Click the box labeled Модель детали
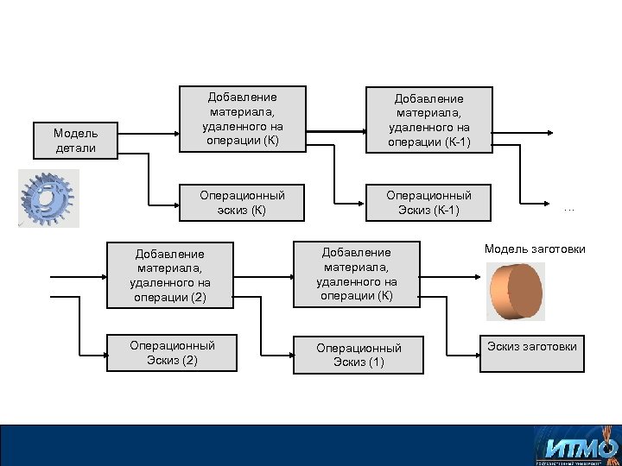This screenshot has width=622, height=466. tap(76, 141)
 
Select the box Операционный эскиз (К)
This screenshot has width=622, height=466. tap(242, 203)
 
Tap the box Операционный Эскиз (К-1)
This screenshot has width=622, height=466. tap(428, 203)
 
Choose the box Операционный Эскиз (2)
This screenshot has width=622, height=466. tap(172, 353)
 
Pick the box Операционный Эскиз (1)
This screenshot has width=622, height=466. tap(359, 355)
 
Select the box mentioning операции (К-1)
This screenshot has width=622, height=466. tap(428, 121)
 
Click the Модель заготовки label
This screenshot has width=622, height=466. tap(535, 249)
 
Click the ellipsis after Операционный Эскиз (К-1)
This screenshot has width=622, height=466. tap(568, 208)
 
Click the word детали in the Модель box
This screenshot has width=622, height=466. tap(76, 148)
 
